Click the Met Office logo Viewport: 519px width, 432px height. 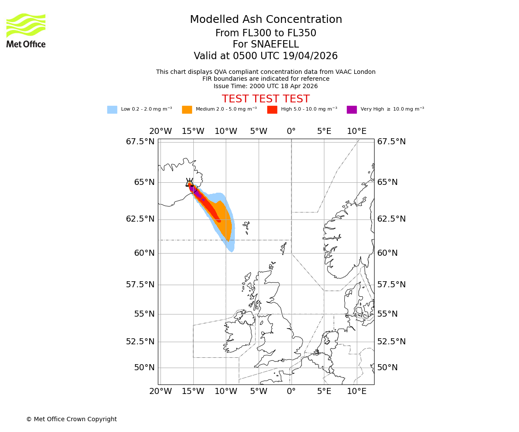click(x=26, y=30)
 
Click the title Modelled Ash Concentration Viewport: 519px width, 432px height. click(x=266, y=20)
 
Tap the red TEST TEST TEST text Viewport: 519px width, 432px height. click(x=266, y=99)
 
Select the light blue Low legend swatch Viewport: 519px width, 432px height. click(x=112, y=110)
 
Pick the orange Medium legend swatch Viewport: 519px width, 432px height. click(x=187, y=110)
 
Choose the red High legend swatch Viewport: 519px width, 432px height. click(x=272, y=110)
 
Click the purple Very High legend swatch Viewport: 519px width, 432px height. click(x=352, y=110)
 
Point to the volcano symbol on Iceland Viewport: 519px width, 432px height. click(x=189, y=182)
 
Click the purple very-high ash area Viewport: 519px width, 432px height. click(x=195, y=192)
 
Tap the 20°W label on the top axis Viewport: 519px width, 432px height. click(x=160, y=131)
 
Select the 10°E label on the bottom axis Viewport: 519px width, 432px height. click(x=357, y=391)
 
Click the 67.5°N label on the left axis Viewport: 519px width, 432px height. click(x=140, y=142)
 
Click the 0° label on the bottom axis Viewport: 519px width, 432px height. click(x=291, y=391)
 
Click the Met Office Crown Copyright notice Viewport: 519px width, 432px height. click(x=71, y=419)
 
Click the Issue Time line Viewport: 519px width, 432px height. click(x=266, y=86)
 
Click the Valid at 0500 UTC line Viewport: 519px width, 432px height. click(x=266, y=56)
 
